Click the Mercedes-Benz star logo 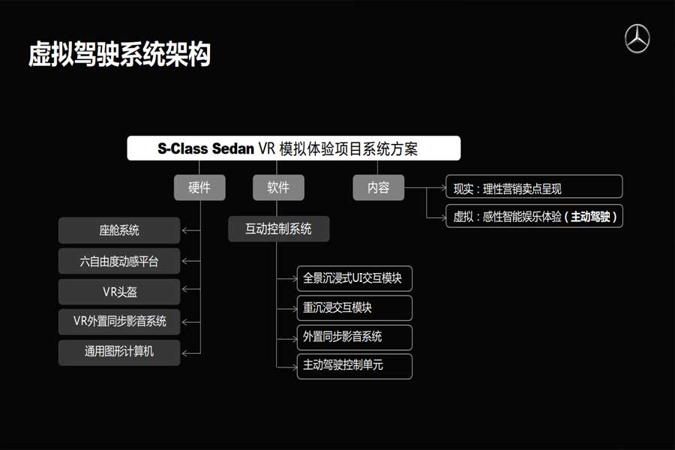tap(637, 39)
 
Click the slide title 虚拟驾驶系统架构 tap(120, 54)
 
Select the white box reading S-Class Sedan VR tap(293, 148)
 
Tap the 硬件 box tap(199, 187)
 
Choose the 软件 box tap(278, 187)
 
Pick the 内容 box tap(379, 187)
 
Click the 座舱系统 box tap(119, 230)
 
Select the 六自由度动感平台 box tap(119, 261)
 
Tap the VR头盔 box tap(119, 292)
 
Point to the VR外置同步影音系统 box tap(119, 322)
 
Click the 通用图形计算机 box tap(119, 352)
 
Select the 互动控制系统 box tap(278, 229)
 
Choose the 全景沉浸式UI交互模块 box tap(354, 278)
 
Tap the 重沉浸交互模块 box tap(354, 308)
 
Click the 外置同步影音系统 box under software tap(354, 337)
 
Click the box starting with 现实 tap(534, 187)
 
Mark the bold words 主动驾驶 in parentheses tap(591, 217)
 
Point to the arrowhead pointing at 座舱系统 tap(184, 230)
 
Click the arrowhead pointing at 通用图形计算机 tap(184, 353)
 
